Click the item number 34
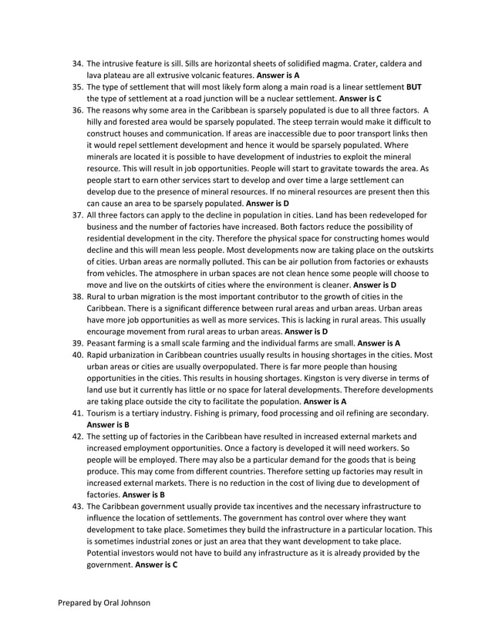pyautogui.click(x=76, y=64)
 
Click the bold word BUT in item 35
pyautogui.click(x=414, y=88)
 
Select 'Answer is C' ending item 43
pyautogui.click(x=157, y=565)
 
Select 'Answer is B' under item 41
pyautogui.click(x=108, y=424)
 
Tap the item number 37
pyautogui.click(x=76, y=215)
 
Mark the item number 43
pyautogui.click(x=76, y=506)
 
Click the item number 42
pyautogui.click(x=76, y=436)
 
